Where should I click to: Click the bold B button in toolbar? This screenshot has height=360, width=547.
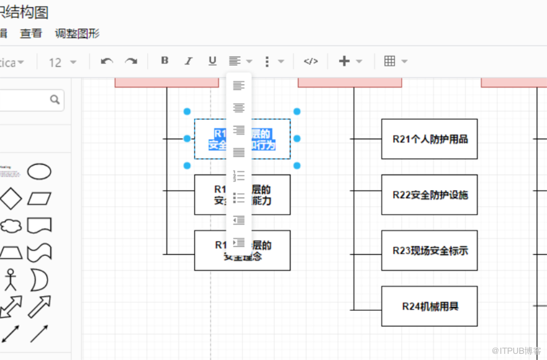(164, 61)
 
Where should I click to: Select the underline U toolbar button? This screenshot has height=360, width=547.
(212, 61)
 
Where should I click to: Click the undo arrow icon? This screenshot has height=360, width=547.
(107, 61)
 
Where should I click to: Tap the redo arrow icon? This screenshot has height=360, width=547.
(131, 61)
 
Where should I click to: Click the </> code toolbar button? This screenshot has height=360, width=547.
(311, 61)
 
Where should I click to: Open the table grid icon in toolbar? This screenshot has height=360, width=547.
(389, 61)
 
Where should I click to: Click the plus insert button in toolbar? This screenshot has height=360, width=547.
(344, 61)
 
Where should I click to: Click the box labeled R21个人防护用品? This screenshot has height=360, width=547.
(429, 139)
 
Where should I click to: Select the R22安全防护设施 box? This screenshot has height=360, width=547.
(429, 194)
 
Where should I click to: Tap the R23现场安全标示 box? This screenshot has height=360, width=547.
(429, 250)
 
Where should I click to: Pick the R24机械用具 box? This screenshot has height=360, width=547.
(429, 306)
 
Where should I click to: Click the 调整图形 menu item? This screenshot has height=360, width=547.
(77, 34)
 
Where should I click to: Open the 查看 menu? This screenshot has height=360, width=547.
(31, 34)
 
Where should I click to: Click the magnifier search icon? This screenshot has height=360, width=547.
(55, 99)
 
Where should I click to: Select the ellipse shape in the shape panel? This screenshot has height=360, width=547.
(39, 172)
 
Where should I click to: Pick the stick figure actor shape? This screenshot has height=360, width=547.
(9, 280)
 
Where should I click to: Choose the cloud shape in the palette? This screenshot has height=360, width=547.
(10, 225)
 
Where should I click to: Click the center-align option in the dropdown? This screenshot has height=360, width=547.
(239, 108)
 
